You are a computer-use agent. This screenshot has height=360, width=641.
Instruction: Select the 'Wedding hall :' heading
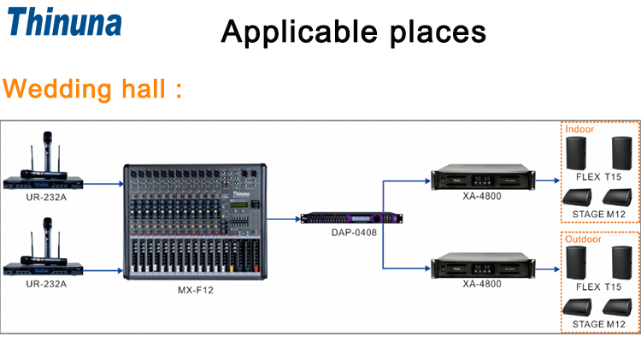coord(94,90)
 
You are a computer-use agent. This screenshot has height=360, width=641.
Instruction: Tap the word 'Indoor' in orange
coord(580,129)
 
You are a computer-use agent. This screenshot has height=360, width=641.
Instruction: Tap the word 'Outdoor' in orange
coord(584,239)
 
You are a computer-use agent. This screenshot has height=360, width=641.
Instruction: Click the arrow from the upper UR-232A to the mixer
coord(104,182)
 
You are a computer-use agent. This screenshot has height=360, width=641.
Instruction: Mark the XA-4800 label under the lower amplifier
coord(481,283)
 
